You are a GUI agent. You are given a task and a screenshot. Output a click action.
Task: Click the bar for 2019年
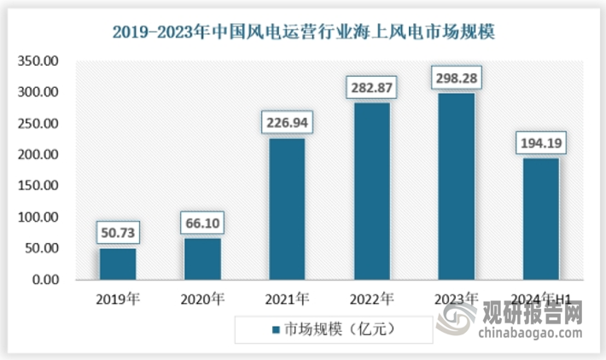click(x=117, y=264)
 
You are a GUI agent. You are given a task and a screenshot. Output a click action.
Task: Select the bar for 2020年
click(x=202, y=258)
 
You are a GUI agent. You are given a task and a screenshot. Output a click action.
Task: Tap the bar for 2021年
click(x=287, y=209)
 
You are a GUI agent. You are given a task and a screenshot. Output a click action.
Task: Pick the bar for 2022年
click(x=372, y=191)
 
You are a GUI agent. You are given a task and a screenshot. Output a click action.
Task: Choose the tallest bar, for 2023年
click(x=457, y=186)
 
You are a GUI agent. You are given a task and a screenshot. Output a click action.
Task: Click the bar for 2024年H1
click(x=541, y=218)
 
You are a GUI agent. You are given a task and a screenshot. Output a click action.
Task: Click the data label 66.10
click(x=202, y=224)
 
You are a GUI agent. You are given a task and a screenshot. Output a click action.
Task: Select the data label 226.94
click(x=288, y=123)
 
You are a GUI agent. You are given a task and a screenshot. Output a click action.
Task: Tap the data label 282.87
click(x=372, y=88)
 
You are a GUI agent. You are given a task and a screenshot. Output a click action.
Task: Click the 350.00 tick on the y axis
click(x=39, y=61)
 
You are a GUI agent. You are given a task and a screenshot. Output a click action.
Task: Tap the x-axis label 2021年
click(x=288, y=298)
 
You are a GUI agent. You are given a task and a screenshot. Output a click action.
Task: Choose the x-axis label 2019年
click(x=117, y=298)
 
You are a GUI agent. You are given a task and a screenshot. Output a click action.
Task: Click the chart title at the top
click(x=303, y=33)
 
